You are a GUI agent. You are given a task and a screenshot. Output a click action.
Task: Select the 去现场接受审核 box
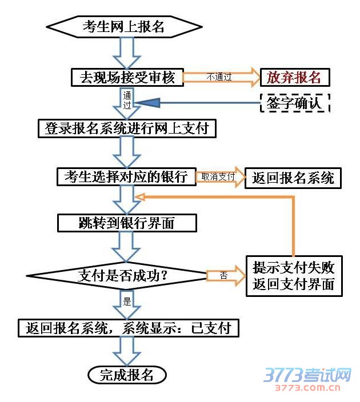tap(127, 77)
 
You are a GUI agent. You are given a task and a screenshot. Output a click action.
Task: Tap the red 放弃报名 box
tap(295, 77)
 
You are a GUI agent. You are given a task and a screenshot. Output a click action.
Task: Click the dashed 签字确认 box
tap(295, 103)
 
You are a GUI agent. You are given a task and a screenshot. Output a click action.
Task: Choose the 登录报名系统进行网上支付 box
tap(127, 128)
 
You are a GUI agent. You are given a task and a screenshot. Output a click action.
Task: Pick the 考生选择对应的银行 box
tap(126, 177)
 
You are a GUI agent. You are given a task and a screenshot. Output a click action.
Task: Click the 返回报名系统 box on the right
tap(293, 178)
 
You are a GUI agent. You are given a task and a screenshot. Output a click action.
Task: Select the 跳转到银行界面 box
tap(126, 223)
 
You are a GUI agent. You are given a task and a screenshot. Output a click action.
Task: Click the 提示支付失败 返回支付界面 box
tap(294, 275)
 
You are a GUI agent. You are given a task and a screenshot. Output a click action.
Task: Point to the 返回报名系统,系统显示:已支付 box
tap(128, 328)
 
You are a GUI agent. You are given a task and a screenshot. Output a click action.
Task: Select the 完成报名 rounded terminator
tap(127, 375)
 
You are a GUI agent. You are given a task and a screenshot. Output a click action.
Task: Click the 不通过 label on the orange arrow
tap(219, 77)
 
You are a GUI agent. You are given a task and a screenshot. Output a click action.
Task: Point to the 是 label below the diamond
tap(127, 301)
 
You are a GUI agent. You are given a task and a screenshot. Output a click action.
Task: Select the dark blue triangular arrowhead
tap(145, 103)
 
